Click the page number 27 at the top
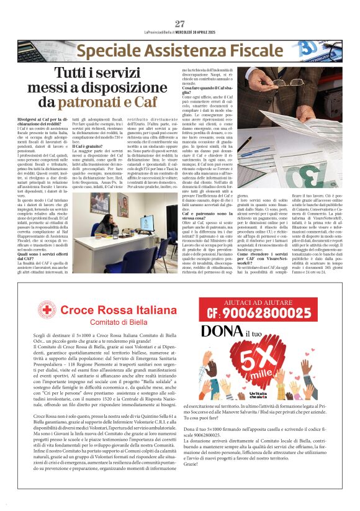point(180,24)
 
